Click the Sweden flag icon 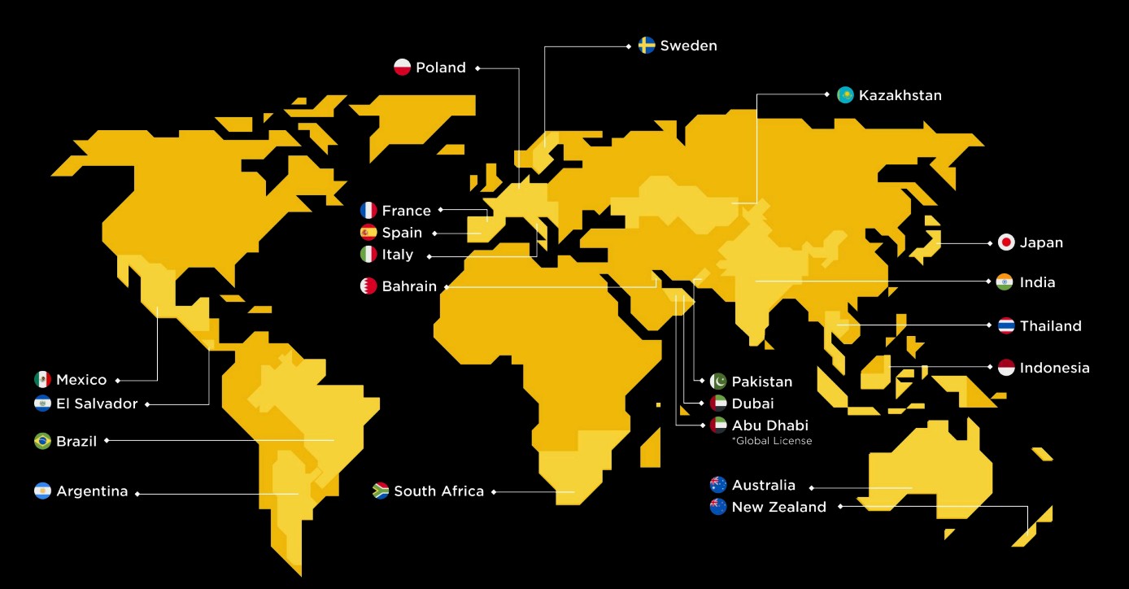point(647,46)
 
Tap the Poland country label point(440,68)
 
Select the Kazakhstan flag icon point(845,95)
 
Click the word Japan point(1041,242)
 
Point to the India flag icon point(1005,282)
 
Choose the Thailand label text point(1050,326)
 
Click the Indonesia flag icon point(1006,368)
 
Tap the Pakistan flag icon point(718,382)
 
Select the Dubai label point(752,404)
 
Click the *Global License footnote point(771,441)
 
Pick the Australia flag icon point(718,485)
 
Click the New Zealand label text point(778,507)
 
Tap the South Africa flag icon point(381,491)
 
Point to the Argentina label point(92,491)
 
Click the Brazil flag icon point(42,441)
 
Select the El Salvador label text point(97,404)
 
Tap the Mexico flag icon point(42,379)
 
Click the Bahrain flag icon point(368,286)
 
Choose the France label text point(406,211)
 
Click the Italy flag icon point(368,255)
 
